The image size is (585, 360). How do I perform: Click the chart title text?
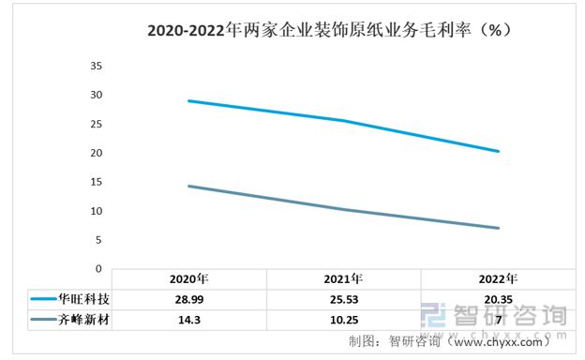(329, 30)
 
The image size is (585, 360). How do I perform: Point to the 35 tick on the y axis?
(95, 66)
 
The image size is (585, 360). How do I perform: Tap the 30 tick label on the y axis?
(95, 95)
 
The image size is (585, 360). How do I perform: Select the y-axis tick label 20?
(95, 153)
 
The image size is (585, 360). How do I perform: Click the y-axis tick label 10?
(95, 211)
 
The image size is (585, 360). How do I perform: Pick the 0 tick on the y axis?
(98, 268)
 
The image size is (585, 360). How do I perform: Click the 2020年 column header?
(188, 278)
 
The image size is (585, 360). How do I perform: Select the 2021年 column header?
(343, 278)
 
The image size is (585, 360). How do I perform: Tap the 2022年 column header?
(498, 278)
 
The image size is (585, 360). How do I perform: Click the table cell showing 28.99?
(188, 299)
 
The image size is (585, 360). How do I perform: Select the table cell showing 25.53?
(343, 299)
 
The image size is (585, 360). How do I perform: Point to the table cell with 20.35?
(498, 299)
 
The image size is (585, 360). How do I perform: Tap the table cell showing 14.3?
(188, 320)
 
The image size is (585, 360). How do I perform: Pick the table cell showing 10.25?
(343, 320)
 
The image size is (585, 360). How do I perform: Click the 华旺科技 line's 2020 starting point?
(188, 100)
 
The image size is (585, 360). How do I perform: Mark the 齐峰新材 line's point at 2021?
(343, 209)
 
